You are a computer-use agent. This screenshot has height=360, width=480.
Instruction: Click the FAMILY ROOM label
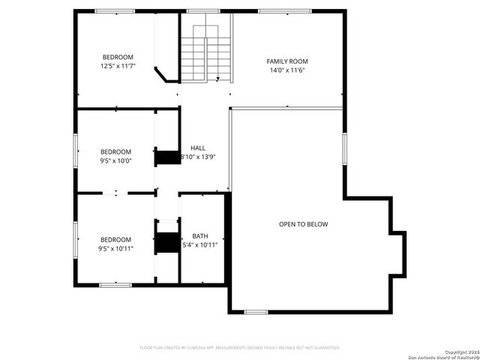[287, 61]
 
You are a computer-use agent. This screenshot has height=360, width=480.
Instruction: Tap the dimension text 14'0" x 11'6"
[287, 70]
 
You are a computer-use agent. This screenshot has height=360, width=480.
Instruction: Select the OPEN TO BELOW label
[303, 224]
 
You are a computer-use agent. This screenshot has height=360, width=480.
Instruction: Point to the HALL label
[198, 148]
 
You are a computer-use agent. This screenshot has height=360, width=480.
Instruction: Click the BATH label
[200, 235]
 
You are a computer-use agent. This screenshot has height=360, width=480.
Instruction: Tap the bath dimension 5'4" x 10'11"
[200, 244]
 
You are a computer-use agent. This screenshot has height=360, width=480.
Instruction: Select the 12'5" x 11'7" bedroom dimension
[118, 67]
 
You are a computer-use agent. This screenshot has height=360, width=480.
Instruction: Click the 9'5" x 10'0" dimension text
[115, 160]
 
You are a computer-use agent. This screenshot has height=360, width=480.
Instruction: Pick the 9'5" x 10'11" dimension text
[115, 249]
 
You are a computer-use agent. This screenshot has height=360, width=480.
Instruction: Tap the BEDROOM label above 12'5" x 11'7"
[118, 58]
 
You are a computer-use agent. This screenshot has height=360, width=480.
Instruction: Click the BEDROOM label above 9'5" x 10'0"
[115, 151]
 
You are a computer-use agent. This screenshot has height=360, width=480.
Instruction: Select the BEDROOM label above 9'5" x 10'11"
[115, 240]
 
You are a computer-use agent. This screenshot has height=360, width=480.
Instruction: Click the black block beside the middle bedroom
[163, 157]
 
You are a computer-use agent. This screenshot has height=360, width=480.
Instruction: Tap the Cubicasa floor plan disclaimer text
[240, 348]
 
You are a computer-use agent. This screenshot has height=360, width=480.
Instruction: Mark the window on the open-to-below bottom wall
[256, 311]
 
